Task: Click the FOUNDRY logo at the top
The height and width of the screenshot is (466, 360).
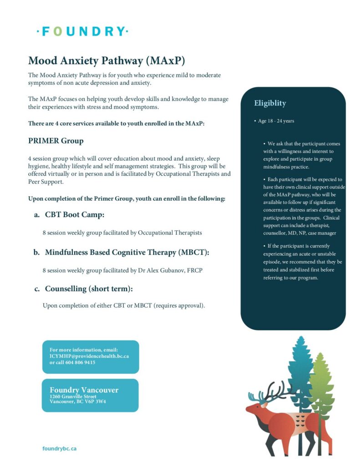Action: [82, 31]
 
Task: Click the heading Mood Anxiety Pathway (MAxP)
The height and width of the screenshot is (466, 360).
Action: [106, 61]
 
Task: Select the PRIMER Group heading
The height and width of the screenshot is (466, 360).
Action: [56, 141]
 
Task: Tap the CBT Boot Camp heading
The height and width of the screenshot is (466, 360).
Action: [77, 215]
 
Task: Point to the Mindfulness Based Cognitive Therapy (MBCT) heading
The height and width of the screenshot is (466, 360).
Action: [127, 252]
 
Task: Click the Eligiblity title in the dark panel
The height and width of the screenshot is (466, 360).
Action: [270, 103]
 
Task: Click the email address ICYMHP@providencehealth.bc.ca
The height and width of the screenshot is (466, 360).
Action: [89, 356]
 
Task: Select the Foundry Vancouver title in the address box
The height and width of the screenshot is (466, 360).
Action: [84, 390]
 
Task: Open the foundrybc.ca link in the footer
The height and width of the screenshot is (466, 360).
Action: [59, 448]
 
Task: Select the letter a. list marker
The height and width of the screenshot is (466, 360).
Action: [36, 215]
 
